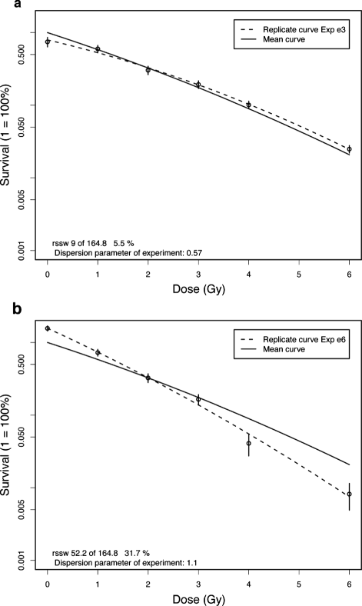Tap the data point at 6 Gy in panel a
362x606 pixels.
pyautogui.click(x=349, y=149)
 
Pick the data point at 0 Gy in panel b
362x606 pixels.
pyautogui.click(x=48, y=328)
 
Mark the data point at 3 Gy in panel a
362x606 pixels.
pyautogui.click(x=198, y=85)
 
